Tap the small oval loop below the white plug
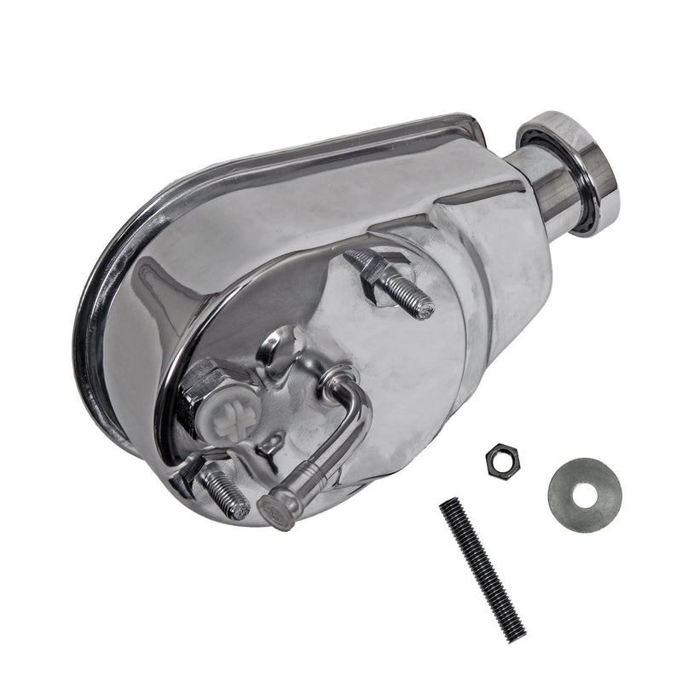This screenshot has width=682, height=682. coord(271,445)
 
